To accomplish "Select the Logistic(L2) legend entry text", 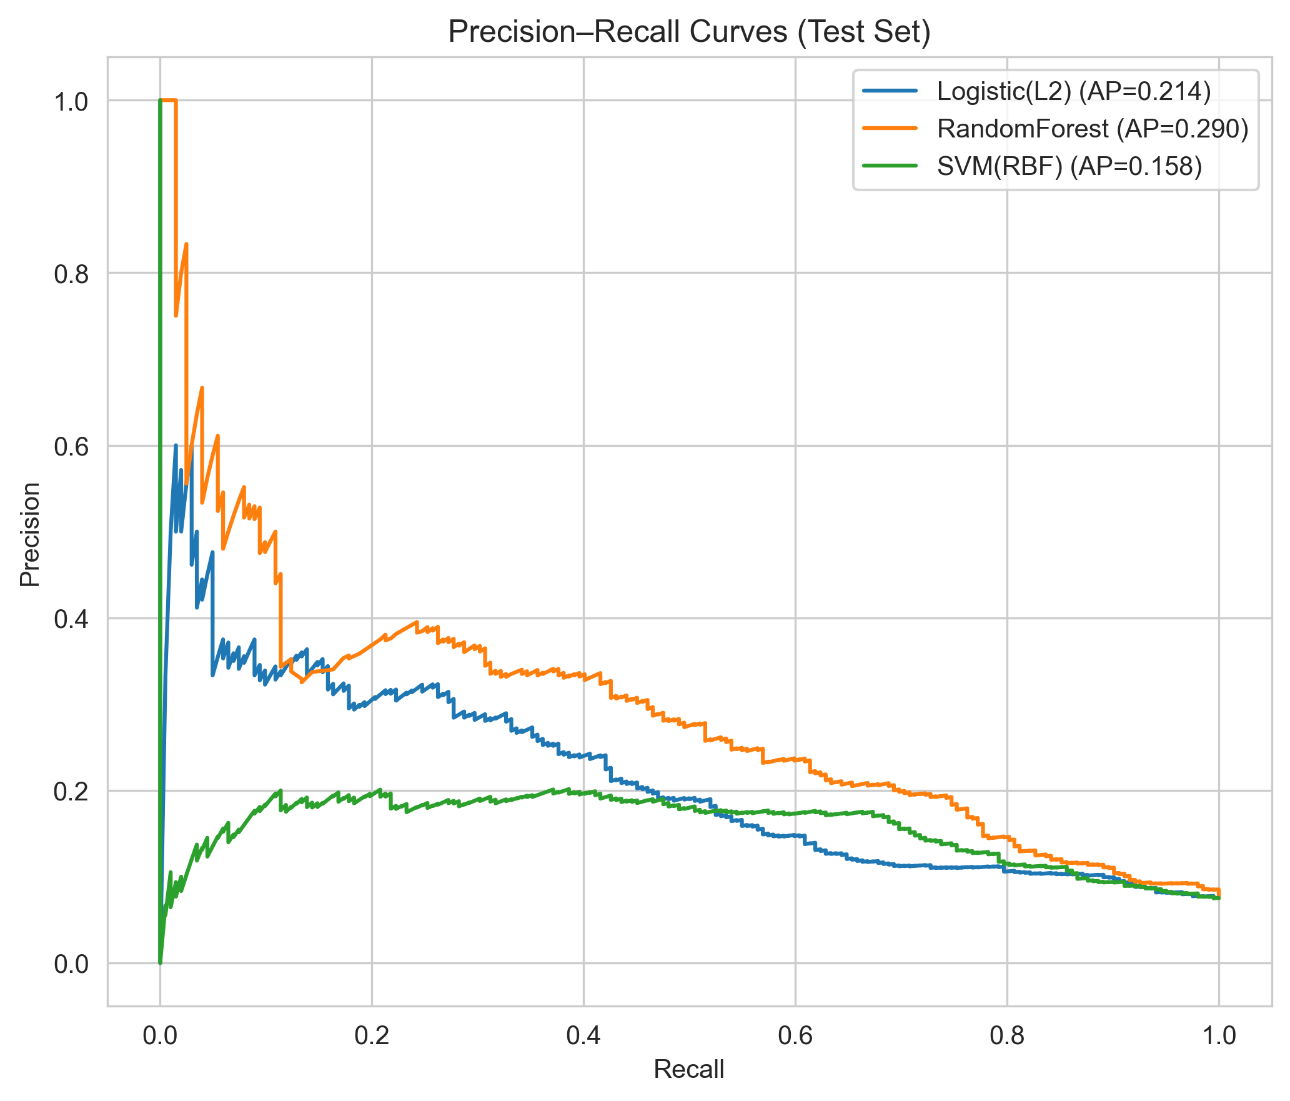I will pyautogui.click(x=1074, y=92).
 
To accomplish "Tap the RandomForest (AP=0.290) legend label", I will pyautogui.click(x=1093, y=129).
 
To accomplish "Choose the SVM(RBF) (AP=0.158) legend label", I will pyautogui.click(x=1069, y=166).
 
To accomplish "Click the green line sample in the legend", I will pyautogui.click(x=890, y=166).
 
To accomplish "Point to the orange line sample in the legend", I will pyautogui.click(x=890, y=129).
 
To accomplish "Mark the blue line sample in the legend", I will pyautogui.click(x=890, y=92).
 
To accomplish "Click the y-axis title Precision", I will pyautogui.click(x=30, y=535).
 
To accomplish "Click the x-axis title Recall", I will pyautogui.click(x=688, y=1069).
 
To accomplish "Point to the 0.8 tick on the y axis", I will pyautogui.click(x=71, y=274).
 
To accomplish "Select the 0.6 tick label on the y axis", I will pyautogui.click(x=71, y=446).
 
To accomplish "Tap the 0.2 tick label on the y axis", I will pyautogui.click(x=71, y=792).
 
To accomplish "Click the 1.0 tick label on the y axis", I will pyautogui.click(x=71, y=101).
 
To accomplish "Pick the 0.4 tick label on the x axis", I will pyautogui.click(x=583, y=1035).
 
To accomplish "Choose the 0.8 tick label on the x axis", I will pyautogui.click(x=1007, y=1035).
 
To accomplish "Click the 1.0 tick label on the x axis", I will pyautogui.click(x=1218, y=1035).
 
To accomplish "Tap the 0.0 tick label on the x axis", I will pyautogui.click(x=160, y=1035).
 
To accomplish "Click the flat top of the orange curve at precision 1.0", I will pyautogui.click(x=169, y=100).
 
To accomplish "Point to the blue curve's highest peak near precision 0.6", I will pyautogui.click(x=176, y=446).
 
